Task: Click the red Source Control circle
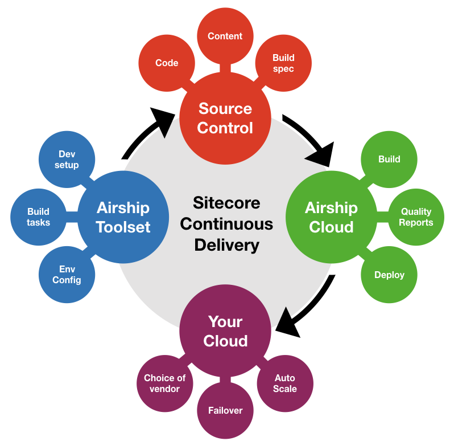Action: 225,119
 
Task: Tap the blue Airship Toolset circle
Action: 123,217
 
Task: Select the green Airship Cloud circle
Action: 331,217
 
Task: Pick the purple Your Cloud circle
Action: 225,331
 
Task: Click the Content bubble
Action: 225,36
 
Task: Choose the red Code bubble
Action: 167,63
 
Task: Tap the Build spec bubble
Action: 283,63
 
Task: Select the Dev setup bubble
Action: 67,160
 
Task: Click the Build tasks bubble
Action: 39,217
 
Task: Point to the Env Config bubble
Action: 67,275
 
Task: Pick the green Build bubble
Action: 389,160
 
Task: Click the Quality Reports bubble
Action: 416,217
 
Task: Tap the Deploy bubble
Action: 389,275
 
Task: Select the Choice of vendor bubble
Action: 165,383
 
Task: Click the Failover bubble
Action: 225,410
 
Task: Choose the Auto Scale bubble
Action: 285,383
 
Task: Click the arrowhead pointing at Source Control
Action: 166,121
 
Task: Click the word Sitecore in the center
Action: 226,203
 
